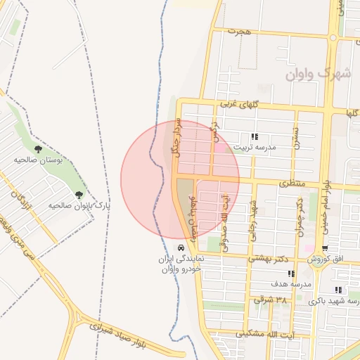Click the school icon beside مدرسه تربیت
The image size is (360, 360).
point(255,136)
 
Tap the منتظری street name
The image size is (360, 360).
point(293,183)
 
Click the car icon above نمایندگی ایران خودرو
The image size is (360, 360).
point(181,247)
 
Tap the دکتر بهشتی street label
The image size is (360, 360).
point(269,258)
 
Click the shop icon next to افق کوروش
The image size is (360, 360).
point(325,248)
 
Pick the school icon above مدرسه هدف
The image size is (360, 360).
point(292,274)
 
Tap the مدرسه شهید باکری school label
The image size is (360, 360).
point(340,301)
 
